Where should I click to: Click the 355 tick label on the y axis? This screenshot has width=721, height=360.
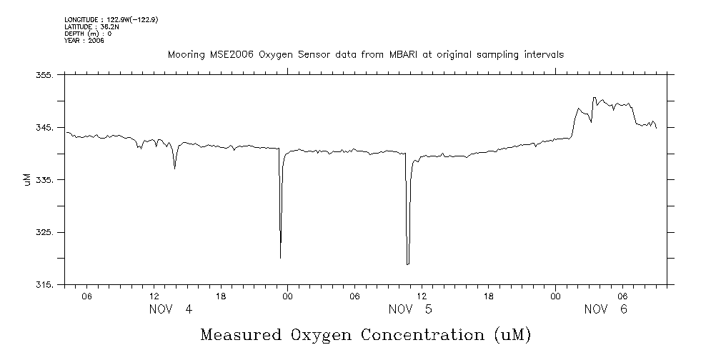[44, 75]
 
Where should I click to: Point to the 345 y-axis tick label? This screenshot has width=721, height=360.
[44, 127]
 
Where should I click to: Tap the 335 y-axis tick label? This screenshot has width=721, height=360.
[44, 180]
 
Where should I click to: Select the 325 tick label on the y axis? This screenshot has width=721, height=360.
[44, 232]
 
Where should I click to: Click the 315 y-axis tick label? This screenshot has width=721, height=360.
[44, 284]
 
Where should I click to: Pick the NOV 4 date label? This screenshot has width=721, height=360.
[171, 309]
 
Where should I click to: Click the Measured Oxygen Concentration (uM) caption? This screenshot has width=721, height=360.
[366, 334]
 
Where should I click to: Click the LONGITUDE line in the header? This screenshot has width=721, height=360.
[111, 20]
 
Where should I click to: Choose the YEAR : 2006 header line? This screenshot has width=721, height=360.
[84, 40]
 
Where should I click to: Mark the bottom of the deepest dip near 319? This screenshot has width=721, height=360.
[407, 264]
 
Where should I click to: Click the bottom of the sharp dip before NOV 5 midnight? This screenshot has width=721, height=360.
[280, 258]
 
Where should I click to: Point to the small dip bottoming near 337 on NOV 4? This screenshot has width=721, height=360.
[174, 169]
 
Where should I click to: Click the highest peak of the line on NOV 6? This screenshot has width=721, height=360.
[594, 98]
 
